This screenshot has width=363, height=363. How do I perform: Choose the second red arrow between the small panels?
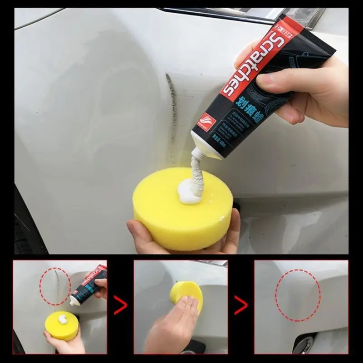(x=241, y=305)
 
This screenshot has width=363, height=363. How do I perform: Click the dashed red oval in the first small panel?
(x=55, y=286)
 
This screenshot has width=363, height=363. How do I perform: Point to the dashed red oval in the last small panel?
(x=298, y=295)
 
